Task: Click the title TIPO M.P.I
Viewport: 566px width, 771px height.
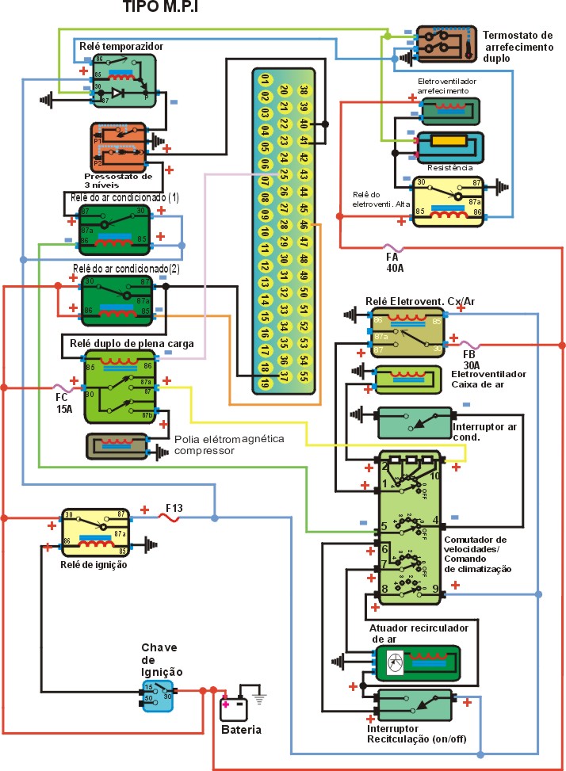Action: pos(160,8)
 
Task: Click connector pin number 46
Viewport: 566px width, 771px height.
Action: pos(303,225)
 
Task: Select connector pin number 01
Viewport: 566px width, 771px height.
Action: pos(265,79)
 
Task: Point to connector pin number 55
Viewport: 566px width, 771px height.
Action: pos(303,378)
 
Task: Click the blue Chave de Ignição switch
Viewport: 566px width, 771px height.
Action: pos(157,695)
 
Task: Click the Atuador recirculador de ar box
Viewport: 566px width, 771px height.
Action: pos(416,662)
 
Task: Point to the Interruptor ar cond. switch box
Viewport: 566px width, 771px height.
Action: pos(415,422)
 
